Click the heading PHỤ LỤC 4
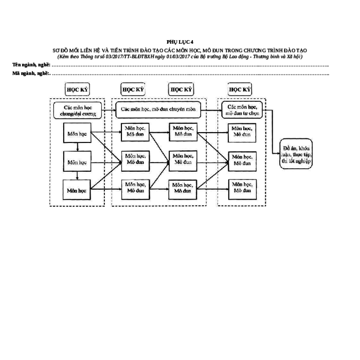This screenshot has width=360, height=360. pyautogui.click(x=180, y=42)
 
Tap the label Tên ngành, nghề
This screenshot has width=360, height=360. pyautogui.click(x=31, y=65)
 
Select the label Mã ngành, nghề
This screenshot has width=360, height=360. pyautogui.click(x=31, y=73)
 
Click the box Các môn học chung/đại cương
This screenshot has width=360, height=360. pyautogui.click(x=78, y=111)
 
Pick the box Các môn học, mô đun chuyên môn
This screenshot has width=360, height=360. pyautogui.click(x=158, y=110)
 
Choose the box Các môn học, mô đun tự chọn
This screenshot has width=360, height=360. pyautogui.click(x=242, y=110)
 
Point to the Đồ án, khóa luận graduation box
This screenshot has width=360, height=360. pyautogui.click(x=296, y=154)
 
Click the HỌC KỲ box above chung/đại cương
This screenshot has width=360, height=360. pyautogui.click(x=77, y=89)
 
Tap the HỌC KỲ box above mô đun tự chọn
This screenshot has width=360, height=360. pyautogui.click(x=240, y=89)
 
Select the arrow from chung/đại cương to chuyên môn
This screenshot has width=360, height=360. pyautogui.click(x=109, y=111)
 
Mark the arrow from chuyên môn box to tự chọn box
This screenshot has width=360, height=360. pyautogui.click(x=211, y=110)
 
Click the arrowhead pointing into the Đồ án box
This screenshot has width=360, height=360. pyautogui.click(x=279, y=153)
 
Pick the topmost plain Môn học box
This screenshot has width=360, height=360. pyautogui.click(x=77, y=133)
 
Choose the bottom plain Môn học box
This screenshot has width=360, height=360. pyautogui.click(x=77, y=190)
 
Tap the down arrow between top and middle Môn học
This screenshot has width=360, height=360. pyautogui.click(x=78, y=147)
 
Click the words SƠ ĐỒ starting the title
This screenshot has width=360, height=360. pyautogui.click(x=59, y=50)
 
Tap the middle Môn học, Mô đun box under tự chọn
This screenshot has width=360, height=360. pyautogui.click(x=242, y=161)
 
